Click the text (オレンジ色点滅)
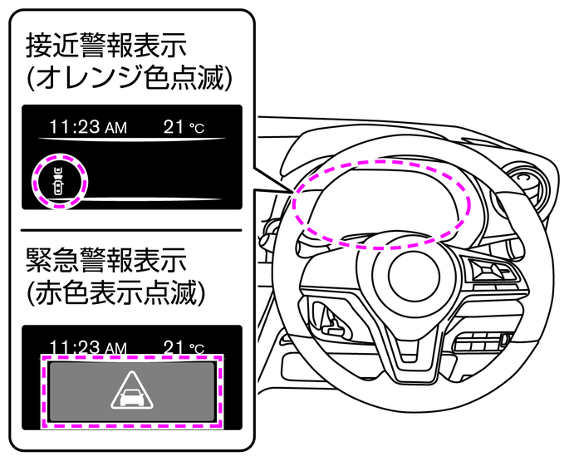coord(129,78)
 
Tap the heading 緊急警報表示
coord(106,259)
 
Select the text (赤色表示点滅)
coord(115,292)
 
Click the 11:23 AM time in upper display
coord(88,127)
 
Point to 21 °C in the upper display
coord(184,127)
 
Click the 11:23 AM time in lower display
coord(88,347)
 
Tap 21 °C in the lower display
coord(184,347)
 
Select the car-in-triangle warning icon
coord(132,390)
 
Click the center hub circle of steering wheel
coord(414,275)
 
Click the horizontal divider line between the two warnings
coord(131,230)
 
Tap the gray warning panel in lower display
coord(132,391)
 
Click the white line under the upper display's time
coord(132,140)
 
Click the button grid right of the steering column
coord(480,342)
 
